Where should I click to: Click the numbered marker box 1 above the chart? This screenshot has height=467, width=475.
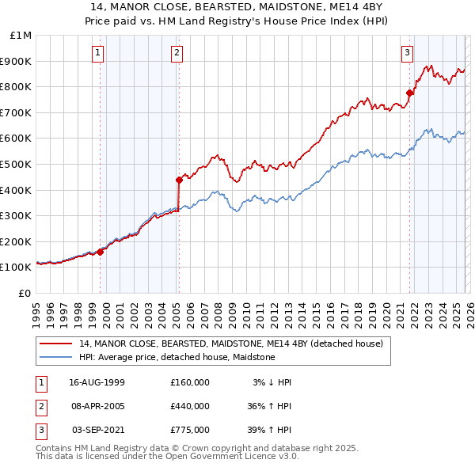[x=97, y=53]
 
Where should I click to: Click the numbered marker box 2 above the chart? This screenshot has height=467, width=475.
[x=176, y=53]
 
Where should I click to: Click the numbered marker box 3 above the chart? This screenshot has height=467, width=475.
[x=407, y=53]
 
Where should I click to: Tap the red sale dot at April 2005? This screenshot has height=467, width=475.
[x=179, y=180]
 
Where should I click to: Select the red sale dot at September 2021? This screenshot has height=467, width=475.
[x=409, y=93]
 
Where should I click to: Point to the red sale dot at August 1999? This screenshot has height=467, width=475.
[x=101, y=252]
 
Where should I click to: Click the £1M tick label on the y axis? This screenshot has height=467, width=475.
[x=21, y=35]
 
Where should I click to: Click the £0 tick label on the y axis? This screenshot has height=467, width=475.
[x=25, y=293]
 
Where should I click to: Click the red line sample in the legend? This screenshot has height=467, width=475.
[x=55, y=344]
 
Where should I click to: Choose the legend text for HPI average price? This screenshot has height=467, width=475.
[x=177, y=357]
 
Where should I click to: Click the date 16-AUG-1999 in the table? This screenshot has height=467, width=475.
[x=97, y=382]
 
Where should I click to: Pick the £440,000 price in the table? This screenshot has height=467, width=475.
[x=190, y=406]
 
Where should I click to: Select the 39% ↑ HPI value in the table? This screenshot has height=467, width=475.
[x=268, y=430]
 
